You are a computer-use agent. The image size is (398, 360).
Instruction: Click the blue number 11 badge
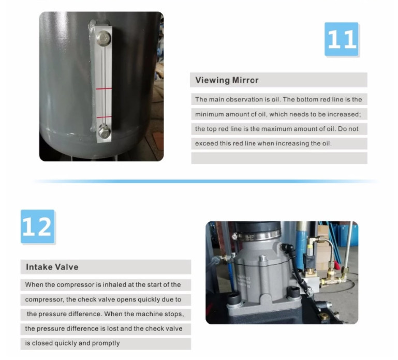tap(342, 39)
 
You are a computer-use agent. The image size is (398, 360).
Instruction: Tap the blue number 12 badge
tap(38, 227)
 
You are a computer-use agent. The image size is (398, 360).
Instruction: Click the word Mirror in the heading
tap(245, 80)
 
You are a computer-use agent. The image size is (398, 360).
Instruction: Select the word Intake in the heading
tap(39, 267)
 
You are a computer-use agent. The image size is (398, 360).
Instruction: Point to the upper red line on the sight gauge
tap(104, 88)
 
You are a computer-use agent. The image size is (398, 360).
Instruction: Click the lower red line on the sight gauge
tap(104, 117)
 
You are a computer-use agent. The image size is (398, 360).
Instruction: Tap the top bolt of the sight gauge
tap(104, 39)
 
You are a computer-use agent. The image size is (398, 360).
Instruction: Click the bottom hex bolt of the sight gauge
tap(104, 131)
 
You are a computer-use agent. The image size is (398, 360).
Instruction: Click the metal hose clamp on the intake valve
tap(256, 236)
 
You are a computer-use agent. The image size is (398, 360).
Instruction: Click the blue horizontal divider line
tap(205, 181)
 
